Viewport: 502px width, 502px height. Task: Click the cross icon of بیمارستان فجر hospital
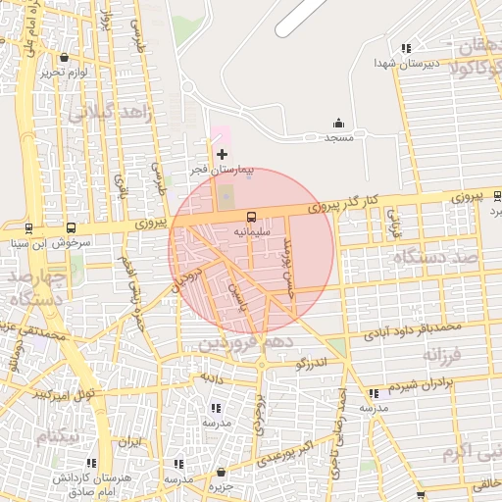pos(222,154)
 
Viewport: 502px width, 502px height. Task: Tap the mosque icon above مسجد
pos(338,123)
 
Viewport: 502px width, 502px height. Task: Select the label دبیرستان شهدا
pos(397,63)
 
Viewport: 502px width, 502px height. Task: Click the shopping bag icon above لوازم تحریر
pos(65,57)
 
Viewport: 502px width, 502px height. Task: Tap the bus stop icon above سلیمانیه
pos(252,216)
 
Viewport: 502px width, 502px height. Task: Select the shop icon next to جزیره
pos(221,473)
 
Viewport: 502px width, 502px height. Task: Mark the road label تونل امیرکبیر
pos(64,393)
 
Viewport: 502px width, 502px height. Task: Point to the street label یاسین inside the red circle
pos(236,288)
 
